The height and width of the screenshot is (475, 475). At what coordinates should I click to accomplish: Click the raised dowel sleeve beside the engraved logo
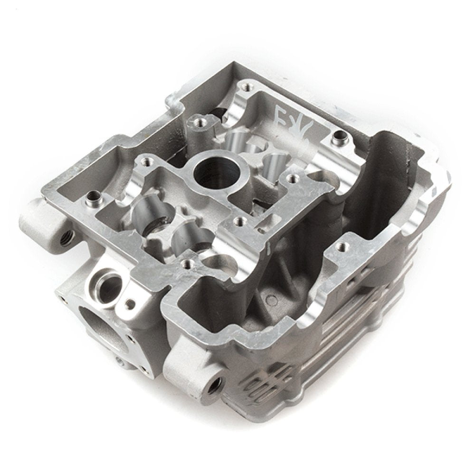[x=340, y=139]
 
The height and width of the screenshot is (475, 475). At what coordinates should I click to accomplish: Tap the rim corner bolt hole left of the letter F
[x=245, y=87]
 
